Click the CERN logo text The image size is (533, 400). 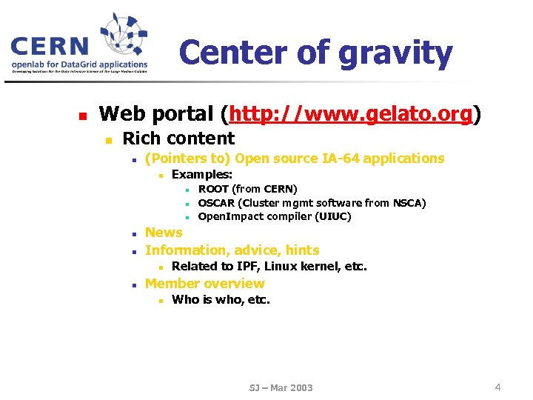coord(50,47)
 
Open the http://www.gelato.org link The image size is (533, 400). coord(351,114)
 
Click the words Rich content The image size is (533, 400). coord(178,139)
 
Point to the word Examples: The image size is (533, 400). coord(201,175)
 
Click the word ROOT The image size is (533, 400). coord(213,189)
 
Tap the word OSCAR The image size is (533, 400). coord(216,203)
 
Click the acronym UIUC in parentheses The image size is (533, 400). coord(332,217)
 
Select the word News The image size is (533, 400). coord(164,233)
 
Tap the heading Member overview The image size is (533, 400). coord(204,284)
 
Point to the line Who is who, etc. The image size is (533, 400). coord(221,300)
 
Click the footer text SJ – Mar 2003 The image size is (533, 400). coord(281,387)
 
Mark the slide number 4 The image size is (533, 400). coord(497,387)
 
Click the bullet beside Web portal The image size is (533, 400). coord(84,116)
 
